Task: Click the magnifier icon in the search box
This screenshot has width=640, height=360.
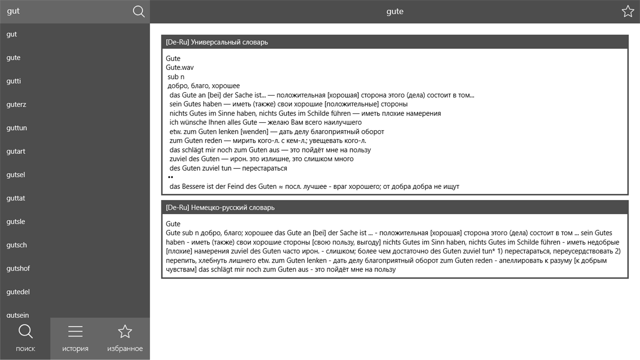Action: pyautogui.click(x=139, y=12)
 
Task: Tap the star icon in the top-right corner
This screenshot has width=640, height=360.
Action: pyautogui.click(x=628, y=12)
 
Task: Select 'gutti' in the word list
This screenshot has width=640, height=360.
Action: pyautogui.click(x=14, y=81)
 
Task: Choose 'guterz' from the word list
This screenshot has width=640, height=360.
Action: pyautogui.click(x=16, y=104)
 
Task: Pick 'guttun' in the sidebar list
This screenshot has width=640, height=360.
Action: pyautogui.click(x=17, y=128)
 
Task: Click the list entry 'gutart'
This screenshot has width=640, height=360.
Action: pyautogui.click(x=16, y=151)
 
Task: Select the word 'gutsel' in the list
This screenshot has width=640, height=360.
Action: pyautogui.click(x=16, y=175)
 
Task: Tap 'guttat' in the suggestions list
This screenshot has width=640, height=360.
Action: pyautogui.click(x=16, y=198)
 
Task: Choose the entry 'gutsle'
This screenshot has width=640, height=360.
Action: pyautogui.click(x=16, y=222)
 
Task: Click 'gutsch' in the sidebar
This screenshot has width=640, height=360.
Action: pyautogui.click(x=17, y=245)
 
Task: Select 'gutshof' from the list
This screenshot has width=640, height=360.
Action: pyautogui.click(x=18, y=268)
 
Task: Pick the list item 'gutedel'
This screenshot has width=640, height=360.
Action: pyautogui.click(x=18, y=292)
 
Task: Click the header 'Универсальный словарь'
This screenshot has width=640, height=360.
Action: pyautogui.click(x=217, y=42)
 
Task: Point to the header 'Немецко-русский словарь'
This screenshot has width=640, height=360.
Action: pyautogui.click(x=220, y=208)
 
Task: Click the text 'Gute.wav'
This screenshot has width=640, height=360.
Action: pyautogui.click(x=180, y=68)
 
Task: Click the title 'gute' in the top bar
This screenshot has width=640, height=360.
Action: pyautogui.click(x=395, y=12)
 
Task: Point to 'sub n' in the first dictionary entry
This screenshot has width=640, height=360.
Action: pyautogui.click(x=176, y=77)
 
